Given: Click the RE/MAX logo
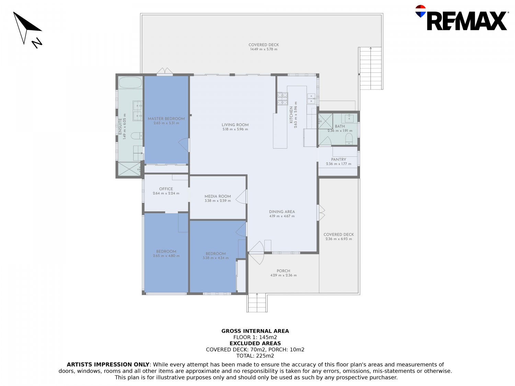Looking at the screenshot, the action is coord(461,18).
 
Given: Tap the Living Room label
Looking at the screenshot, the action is coord(235,125).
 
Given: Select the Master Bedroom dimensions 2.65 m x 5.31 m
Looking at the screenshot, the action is coord(166,123).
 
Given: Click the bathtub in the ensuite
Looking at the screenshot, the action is coord(130,83).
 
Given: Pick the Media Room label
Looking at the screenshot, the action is coord(217,196).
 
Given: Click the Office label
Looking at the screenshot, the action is coord(166,189).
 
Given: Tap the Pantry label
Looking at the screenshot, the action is coord(338,159).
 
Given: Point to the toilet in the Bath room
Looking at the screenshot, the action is coord(349,139).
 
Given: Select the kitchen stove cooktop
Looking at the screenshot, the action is coord(283,99).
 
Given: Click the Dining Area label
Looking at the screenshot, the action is coord(282,212).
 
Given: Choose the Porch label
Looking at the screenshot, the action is coord(283,271).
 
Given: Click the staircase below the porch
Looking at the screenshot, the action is coord(257,303).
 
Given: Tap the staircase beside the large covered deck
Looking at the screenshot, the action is coord(370,68).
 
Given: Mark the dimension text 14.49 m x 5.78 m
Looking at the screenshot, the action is coord(264,49).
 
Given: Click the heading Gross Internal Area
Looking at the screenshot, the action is coord(255,331).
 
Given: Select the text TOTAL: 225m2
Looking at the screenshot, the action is coord(255,356).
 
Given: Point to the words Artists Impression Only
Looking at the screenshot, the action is coord(108,364).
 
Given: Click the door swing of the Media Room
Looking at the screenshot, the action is coord(241,197).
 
